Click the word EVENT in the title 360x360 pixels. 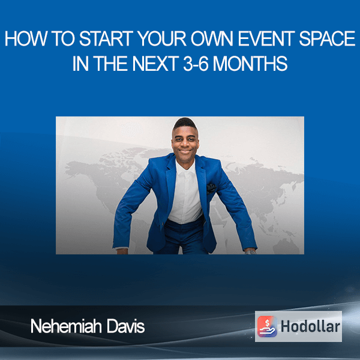[266, 38]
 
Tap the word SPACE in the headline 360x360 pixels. [328, 38]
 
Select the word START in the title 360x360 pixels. [106, 38]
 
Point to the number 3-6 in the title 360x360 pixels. [196, 64]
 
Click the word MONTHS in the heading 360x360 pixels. [250, 64]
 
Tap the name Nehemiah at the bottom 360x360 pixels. [66, 326]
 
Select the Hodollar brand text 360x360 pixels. [310, 326]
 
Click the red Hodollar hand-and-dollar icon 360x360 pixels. [267, 326]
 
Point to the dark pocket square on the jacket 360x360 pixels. [211, 188]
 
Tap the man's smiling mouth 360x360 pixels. [185, 151]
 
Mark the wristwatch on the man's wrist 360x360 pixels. [250, 252]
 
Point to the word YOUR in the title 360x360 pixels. [162, 38]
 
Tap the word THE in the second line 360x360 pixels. [110, 64]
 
